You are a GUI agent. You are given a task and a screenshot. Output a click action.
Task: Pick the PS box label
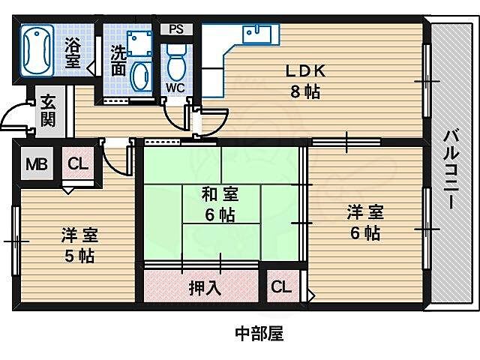176,30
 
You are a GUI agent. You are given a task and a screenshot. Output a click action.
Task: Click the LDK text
305,71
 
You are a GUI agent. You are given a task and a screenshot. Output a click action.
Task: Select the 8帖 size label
305,92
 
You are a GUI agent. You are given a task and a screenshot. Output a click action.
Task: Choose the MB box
35,164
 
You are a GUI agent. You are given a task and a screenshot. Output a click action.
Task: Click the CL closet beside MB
77,164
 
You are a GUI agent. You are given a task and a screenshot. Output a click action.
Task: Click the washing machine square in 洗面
139,43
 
